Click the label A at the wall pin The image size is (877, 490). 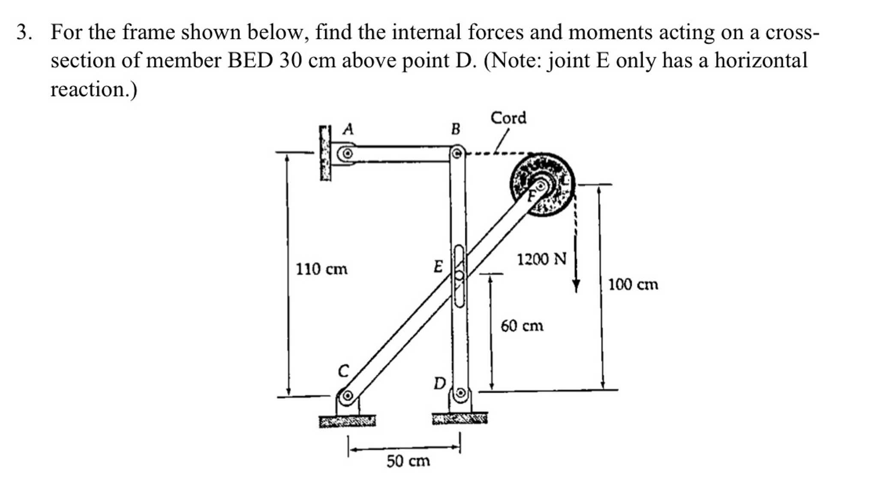pyautogui.click(x=349, y=128)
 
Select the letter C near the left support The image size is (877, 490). pyautogui.click(x=343, y=370)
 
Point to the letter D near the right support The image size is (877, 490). pyautogui.click(x=439, y=383)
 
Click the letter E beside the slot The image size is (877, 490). pyautogui.click(x=438, y=266)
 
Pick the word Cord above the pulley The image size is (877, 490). pyautogui.click(x=508, y=118)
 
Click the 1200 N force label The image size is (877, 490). pyautogui.click(x=541, y=259)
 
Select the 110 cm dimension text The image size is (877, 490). pyautogui.click(x=321, y=269)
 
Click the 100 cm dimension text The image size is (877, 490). pyautogui.click(x=633, y=284)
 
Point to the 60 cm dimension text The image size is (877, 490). pyautogui.click(x=522, y=326)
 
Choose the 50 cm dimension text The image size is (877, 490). pyautogui.click(x=408, y=461)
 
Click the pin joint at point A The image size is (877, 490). pyautogui.click(x=348, y=153)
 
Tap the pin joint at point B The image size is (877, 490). pyautogui.click(x=457, y=152)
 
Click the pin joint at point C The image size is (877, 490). pyautogui.click(x=347, y=396)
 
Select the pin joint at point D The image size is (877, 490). pyautogui.click(x=460, y=393)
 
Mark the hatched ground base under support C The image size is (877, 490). pyautogui.click(x=347, y=421)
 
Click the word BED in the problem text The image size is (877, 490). pyautogui.click(x=250, y=60)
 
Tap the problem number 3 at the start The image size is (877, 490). pyautogui.click(x=24, y=33)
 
